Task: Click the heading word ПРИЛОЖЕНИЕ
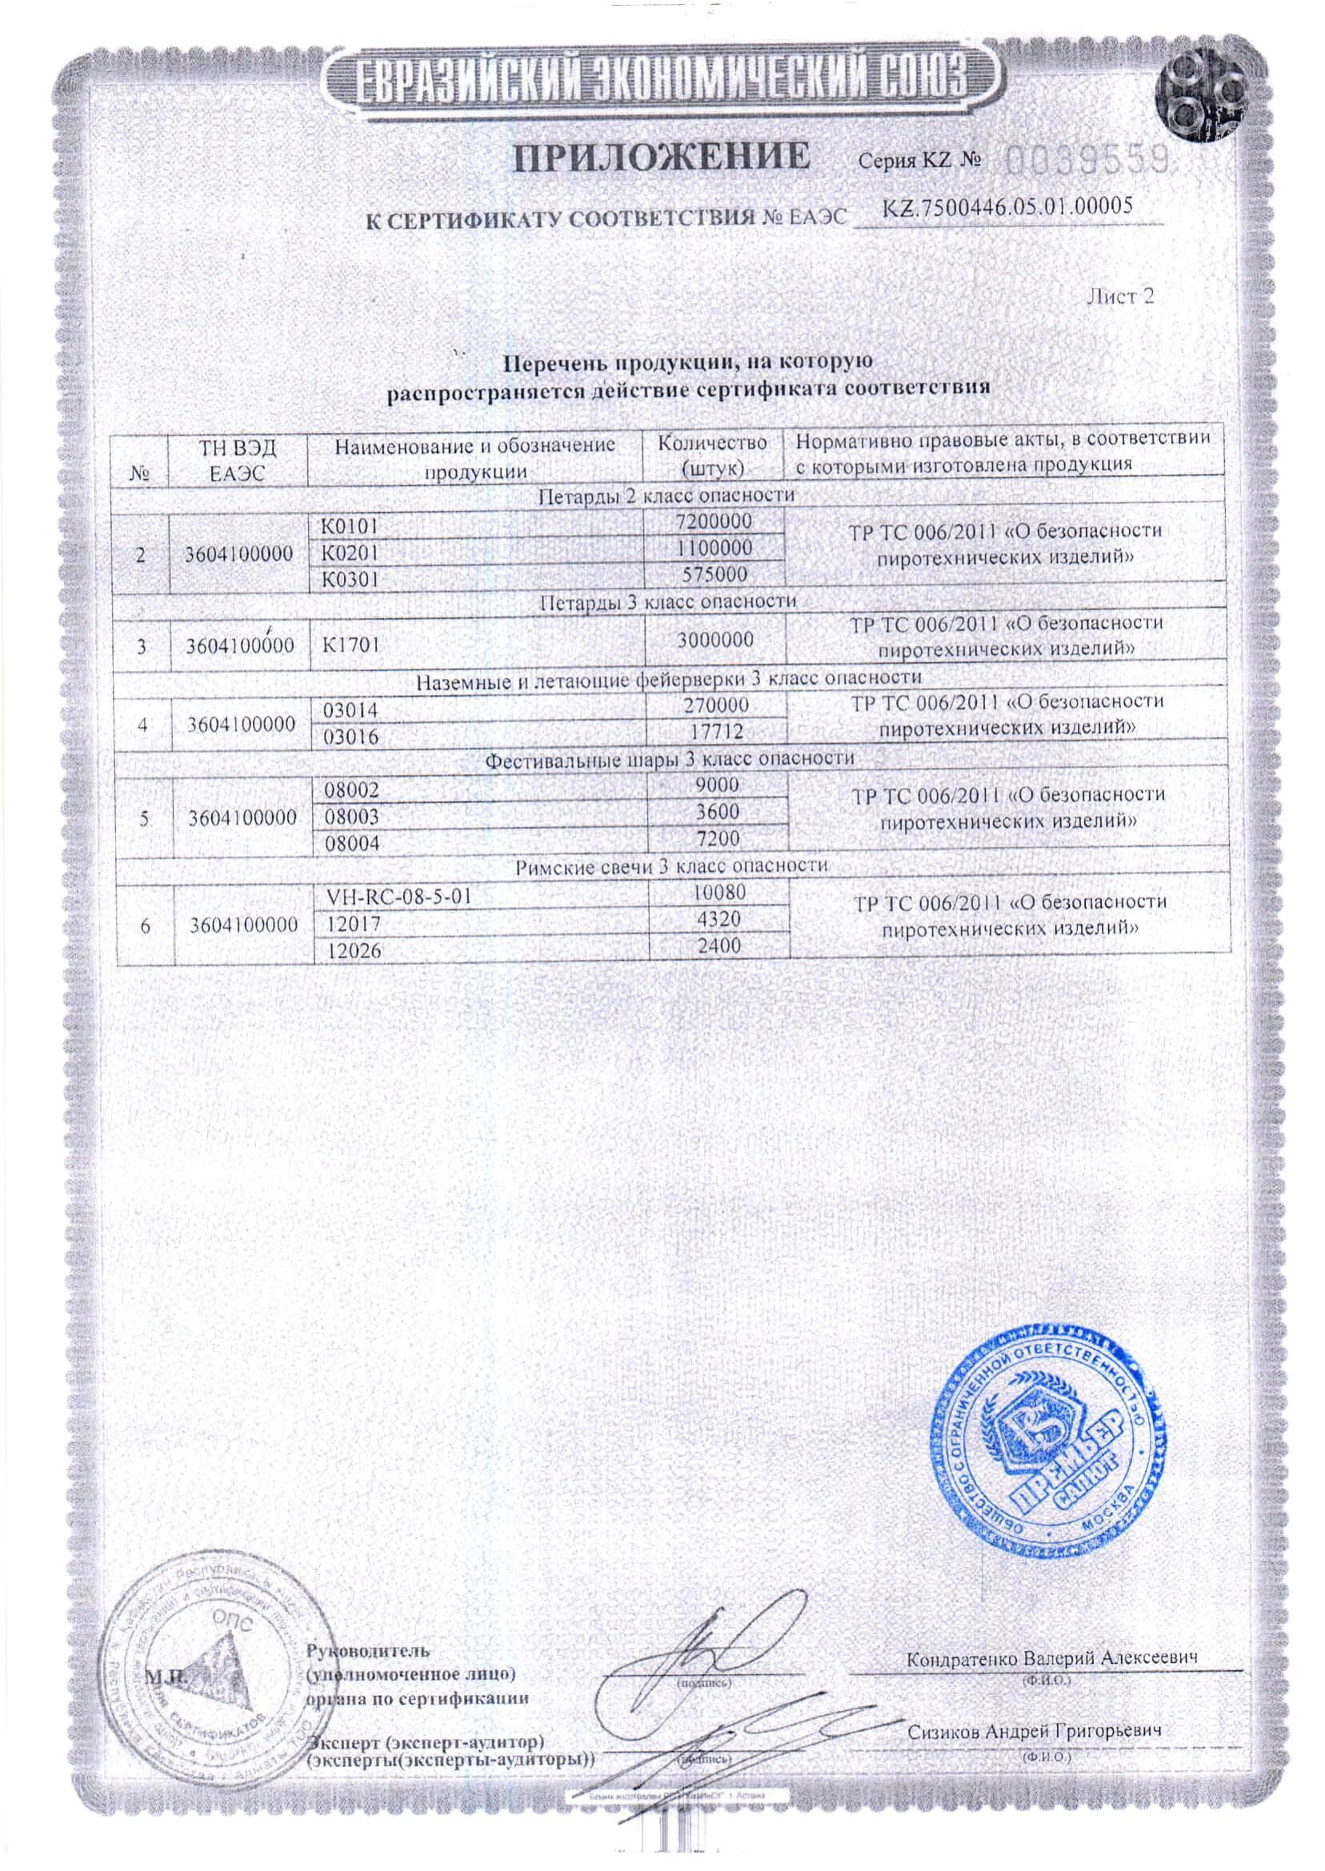click(662, 157)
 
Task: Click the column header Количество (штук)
click(712, 455)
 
